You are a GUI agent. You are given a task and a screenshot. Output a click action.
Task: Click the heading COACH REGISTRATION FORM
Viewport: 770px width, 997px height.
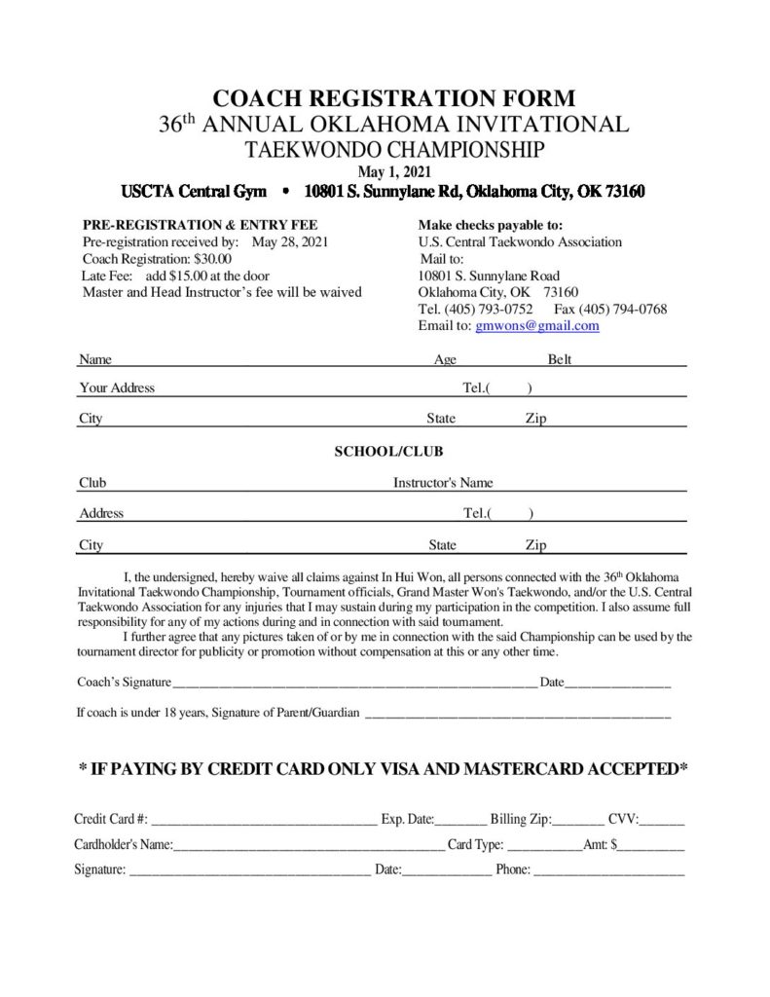pyautogui.click(x=393, y=98)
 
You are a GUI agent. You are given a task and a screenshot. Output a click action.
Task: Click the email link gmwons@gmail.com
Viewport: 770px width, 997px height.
pyautogui.click(x=536, y=326)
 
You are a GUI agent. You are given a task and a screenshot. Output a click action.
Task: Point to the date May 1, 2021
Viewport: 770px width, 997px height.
pyautogui.click(x=393, y=171)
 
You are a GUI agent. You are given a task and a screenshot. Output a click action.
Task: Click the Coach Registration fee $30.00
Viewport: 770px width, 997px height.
pyautogui.click(x=211, y=259)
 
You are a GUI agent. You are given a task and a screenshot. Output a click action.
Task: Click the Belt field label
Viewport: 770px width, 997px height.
pyautogui.click(x=560, y=359)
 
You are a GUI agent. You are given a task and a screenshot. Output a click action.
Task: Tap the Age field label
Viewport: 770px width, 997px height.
pyautogui.click(x=445, y=359)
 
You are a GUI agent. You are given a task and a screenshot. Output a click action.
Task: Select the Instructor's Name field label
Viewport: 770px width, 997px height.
pyautogui.click(x=443, y=482)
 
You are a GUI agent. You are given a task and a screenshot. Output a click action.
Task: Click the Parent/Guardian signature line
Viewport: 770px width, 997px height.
pyautogui.click(x=517, y=716)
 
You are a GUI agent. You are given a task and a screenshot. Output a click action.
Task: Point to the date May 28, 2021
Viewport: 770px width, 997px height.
pyautogui.click(x=290, y=242)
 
